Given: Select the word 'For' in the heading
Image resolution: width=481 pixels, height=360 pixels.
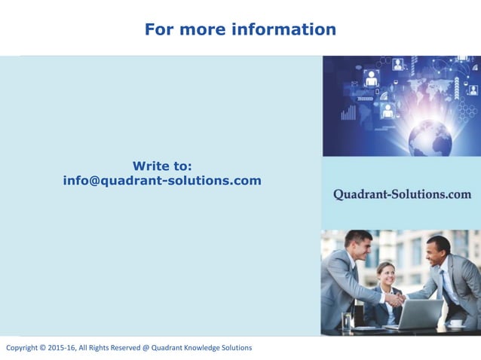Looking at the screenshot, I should click(x=159, y=29).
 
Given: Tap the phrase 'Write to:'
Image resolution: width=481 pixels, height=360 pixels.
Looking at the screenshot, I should click(x=162, y=166).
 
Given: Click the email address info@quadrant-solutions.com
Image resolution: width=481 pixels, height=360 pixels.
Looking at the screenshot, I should click(x=162, y=181).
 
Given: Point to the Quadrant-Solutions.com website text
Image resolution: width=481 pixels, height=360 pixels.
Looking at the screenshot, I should click(x=402, y=194).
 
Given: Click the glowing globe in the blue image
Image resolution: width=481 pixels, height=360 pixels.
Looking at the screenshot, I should click(x=430, y=136).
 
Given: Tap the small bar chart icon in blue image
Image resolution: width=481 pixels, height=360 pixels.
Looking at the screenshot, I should click(x=348, y=113).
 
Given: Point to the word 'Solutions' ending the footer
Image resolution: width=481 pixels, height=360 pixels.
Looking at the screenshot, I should click(x=236, y=348).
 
